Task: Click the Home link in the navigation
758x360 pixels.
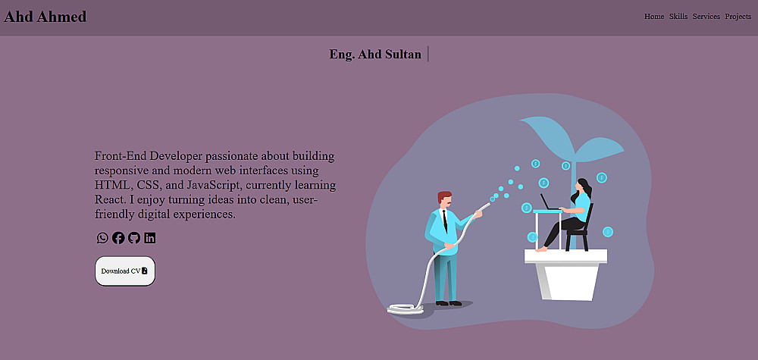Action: (654, 17)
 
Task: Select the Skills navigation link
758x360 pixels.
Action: (678, 17)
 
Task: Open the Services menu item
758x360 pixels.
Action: (706, 17)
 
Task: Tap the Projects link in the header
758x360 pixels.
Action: (738, 17)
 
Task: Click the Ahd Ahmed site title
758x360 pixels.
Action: (45, 17)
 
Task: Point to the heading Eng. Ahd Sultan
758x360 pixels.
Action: (375, 54)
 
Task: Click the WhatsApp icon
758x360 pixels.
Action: (102, 238)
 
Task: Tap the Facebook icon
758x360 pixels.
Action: (118, 238)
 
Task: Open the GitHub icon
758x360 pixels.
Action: (134, 238)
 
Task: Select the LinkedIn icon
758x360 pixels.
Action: (150, 238)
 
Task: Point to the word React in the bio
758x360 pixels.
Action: (108, 199)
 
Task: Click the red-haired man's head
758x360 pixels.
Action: (445, 199)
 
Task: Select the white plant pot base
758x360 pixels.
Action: (566, 275)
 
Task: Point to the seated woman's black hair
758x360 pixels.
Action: (585, 188)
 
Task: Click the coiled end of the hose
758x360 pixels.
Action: (406, 308)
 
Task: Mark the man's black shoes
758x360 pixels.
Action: (449, 303)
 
